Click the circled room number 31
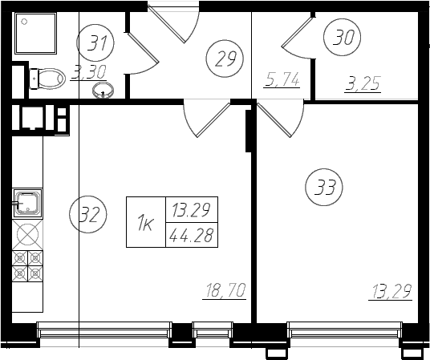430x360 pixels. (x=95, y=43)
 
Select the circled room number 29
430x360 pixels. (x=225, y=59)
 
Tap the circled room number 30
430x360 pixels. (x=343, y=37)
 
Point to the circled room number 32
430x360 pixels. (x=88, y=214)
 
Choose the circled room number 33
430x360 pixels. (x=324, y=187)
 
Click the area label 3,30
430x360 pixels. (x=88, y=73)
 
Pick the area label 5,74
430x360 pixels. (x=282, y=80)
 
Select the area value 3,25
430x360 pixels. (x=363, y=84)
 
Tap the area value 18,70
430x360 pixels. (x=225, y=290)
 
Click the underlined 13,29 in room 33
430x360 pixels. (x=390, y=292)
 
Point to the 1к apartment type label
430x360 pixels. (x=146, y=222)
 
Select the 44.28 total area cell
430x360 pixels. (x=192, y=235)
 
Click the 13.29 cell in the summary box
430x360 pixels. (x=192, y=210)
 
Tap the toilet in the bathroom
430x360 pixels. (x=47, y=79)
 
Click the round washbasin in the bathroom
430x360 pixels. (x=103, y=91)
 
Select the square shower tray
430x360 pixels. (x=36, y=34)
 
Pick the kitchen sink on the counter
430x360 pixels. (x=27, y=203)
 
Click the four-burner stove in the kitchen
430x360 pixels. (x=27, y=265)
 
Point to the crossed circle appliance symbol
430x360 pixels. (x=27, y=234)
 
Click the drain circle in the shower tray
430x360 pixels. (x=24, y=22)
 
